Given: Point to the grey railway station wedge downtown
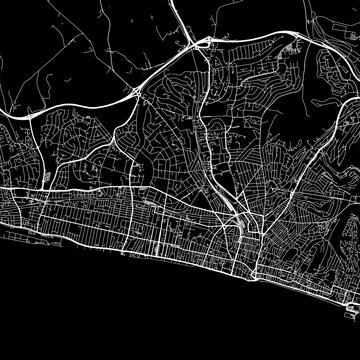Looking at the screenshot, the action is (231, 199).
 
